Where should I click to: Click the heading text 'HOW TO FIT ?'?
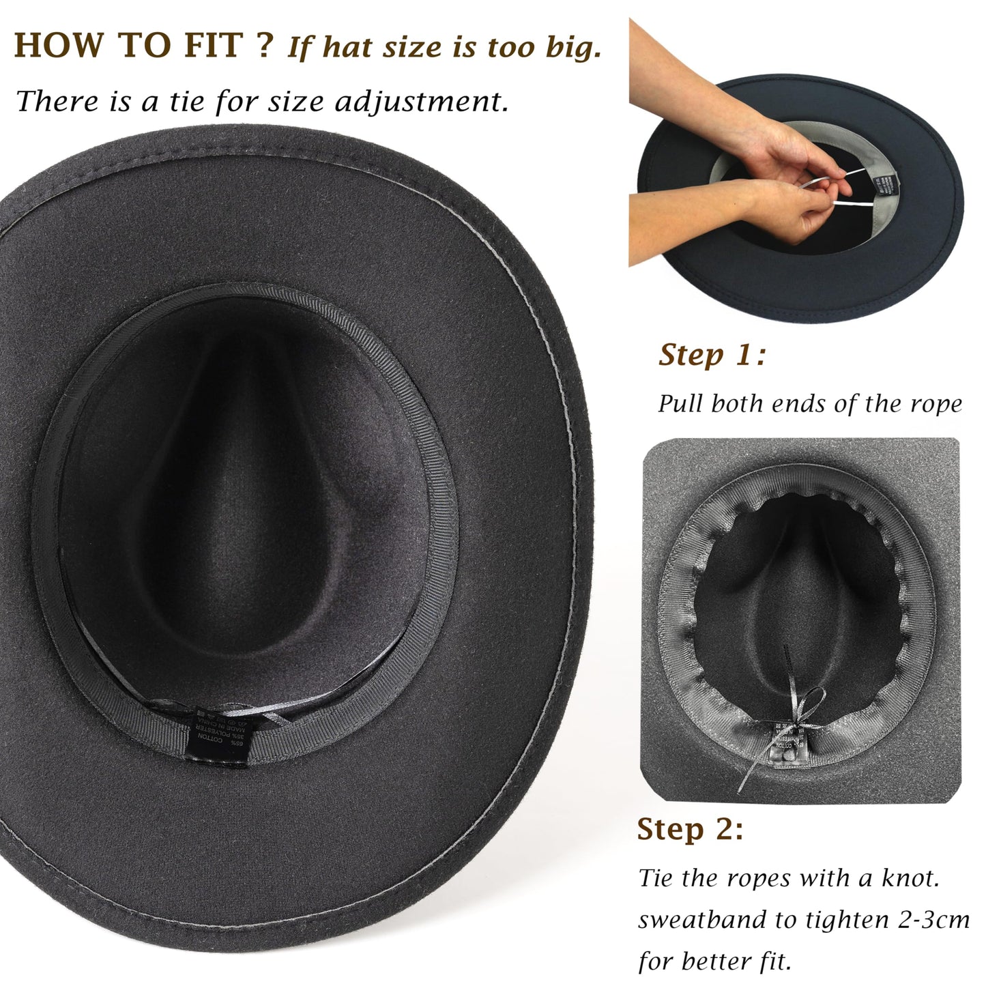[143, 46]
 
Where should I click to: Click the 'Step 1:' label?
[712, 356]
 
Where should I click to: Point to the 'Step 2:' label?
[690, 829]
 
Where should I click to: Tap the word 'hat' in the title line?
[349, 47]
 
